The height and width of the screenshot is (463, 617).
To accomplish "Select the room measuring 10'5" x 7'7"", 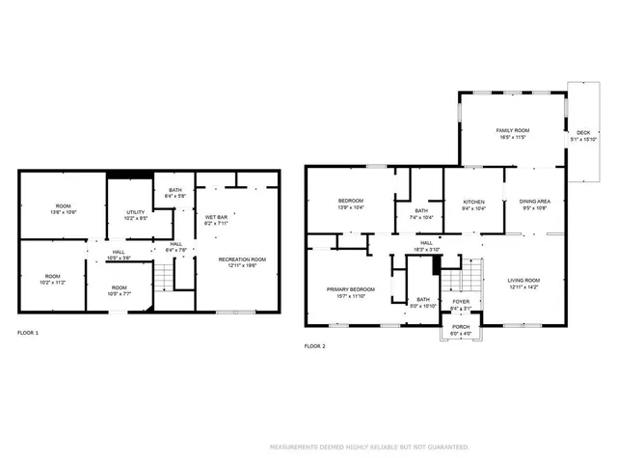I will coord(118,289).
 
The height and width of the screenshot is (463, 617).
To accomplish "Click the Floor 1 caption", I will coord(29,333).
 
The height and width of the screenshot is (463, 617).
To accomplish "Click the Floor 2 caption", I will coord(314,345).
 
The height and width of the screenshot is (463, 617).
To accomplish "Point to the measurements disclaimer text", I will coord(369,448).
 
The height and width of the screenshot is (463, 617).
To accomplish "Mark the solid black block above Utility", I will coord(126,175).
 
